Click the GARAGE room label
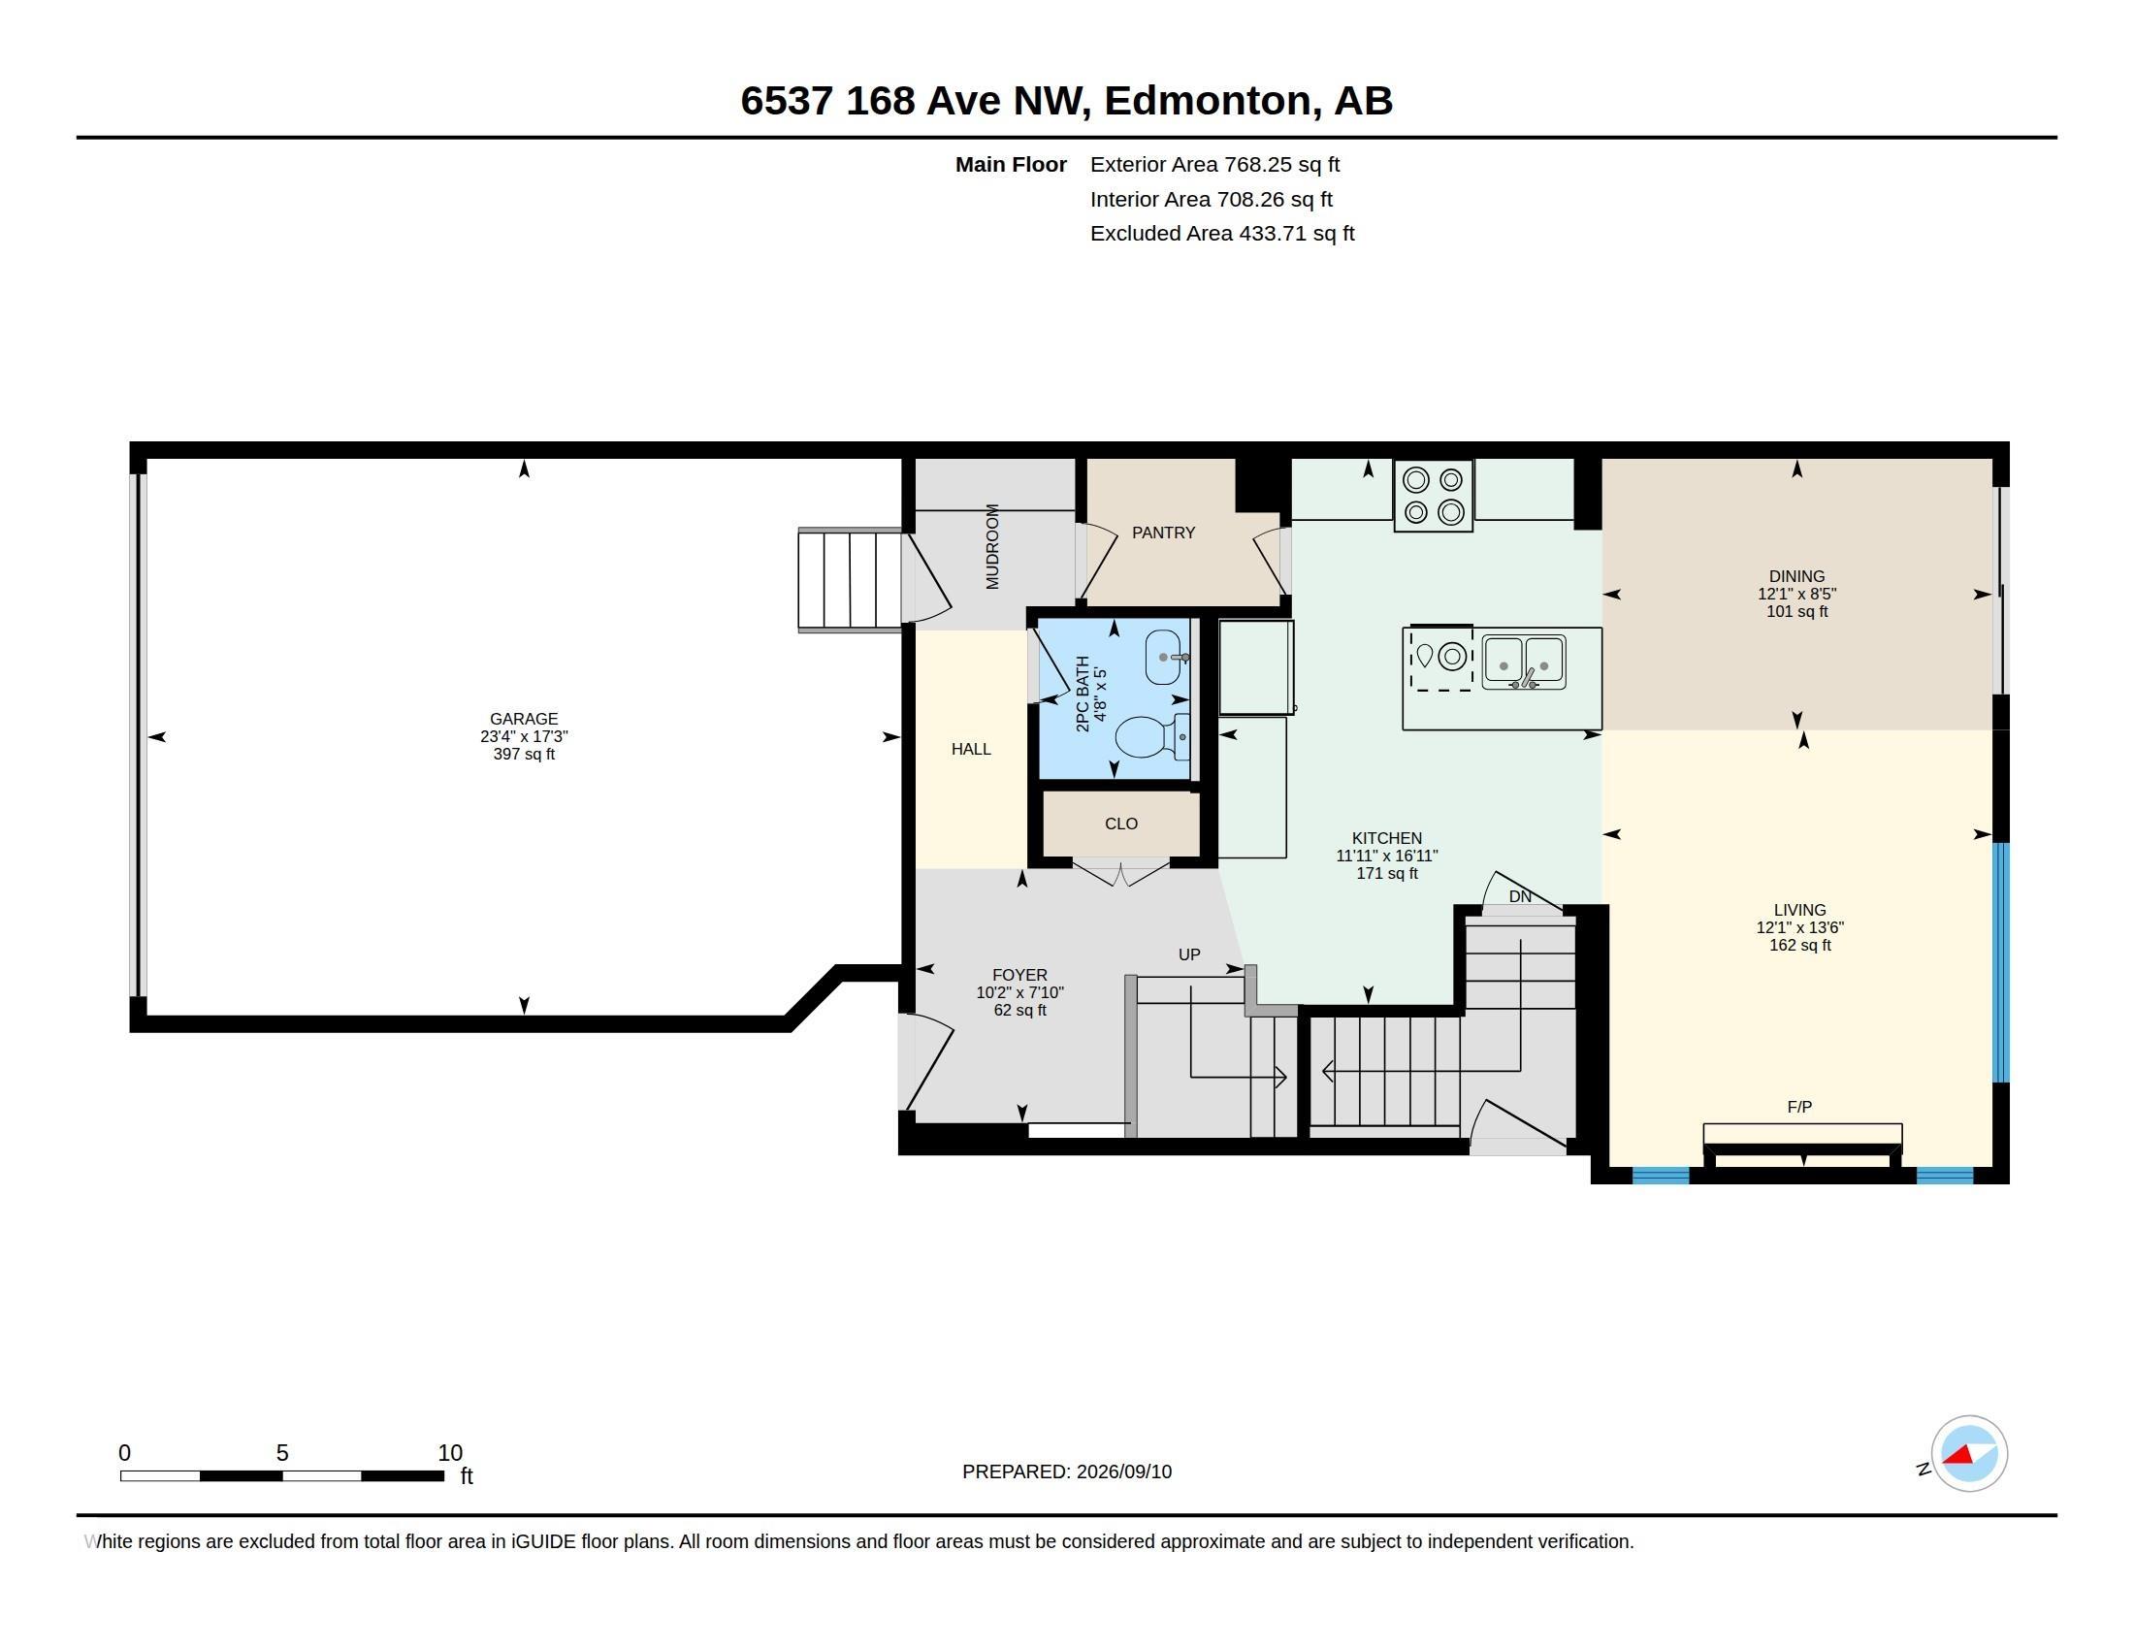pos(524,719)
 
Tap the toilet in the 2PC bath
pos(1152,737)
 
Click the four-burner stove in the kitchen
pos(1434,496)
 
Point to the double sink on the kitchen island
pos(1524,662)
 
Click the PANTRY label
pos(1163,533)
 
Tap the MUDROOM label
pos(992,546)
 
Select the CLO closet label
pos(1120,824)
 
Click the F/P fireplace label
pos(1798,1107)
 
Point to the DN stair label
pos(1519,897)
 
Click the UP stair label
pos(1189,954)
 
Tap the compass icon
pos(1968,1454)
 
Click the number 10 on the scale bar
pos(449,1453)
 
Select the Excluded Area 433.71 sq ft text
pos(1222,234)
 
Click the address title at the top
pos(1067,101)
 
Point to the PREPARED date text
pos(1067,1471)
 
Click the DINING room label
pos(1795,576)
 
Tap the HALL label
pos(971,749)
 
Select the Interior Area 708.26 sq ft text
pos(1212,199)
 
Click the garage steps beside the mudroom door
pos(850,580)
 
